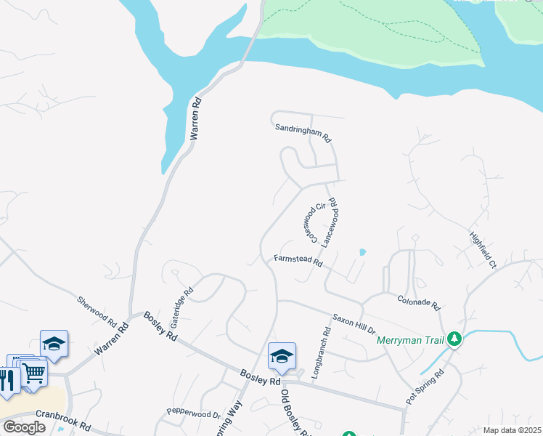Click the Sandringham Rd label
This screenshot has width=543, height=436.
pos(303,132)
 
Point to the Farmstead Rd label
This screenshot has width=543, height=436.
pos(298,259)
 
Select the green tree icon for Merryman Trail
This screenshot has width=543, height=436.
pos(454,339)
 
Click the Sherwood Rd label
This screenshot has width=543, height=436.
pos(97,310)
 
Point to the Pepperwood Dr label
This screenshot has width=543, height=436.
pos(193,414)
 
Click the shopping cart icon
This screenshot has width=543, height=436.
pos(33,374)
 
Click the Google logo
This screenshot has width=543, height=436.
pos(24,427)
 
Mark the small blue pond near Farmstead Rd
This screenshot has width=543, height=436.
pos(362,252)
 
